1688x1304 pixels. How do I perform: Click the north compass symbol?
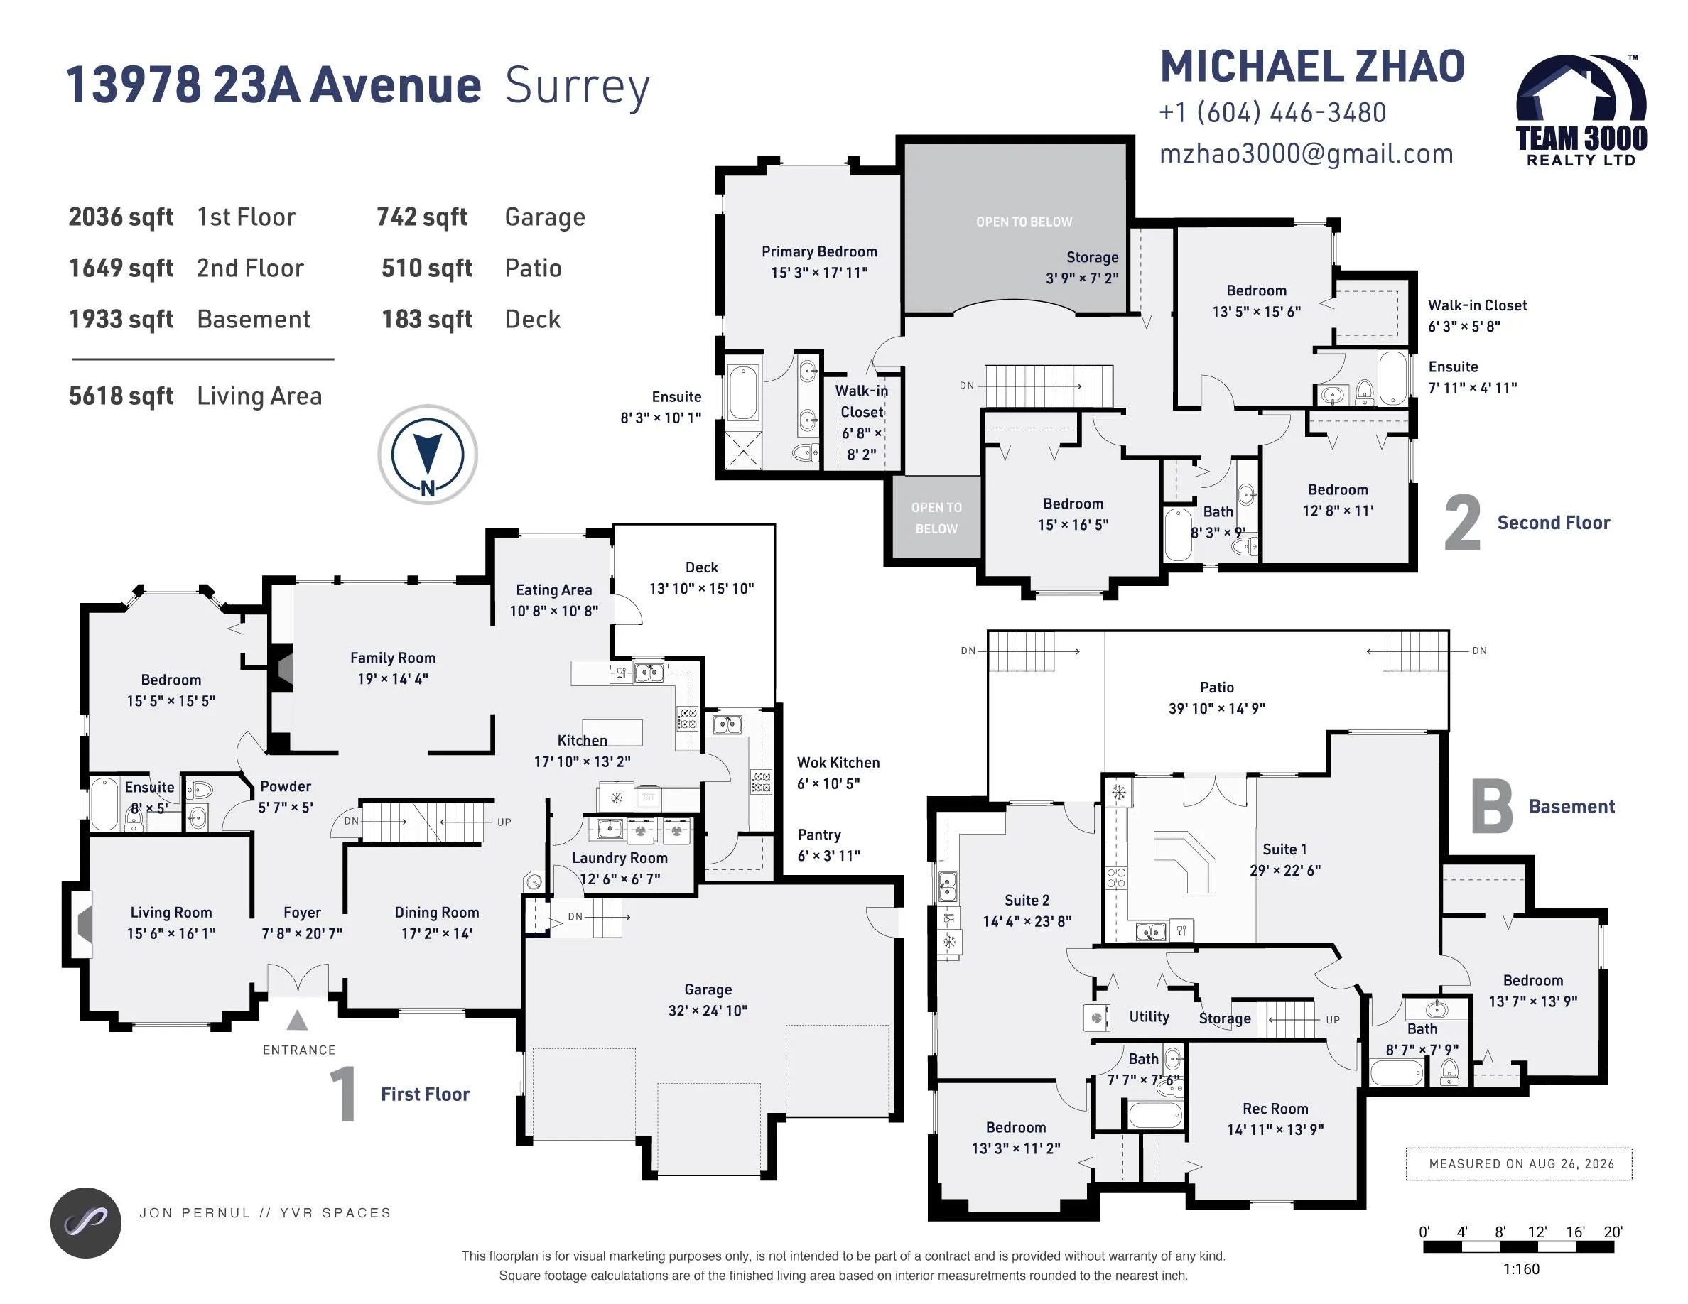coord(428,455)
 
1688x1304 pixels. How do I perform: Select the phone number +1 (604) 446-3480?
coord(1272,113)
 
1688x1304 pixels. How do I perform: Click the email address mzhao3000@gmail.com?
coord(1306,153)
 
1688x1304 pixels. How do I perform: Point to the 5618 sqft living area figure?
coord(121,396)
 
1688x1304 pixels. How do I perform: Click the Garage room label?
coord(708,989)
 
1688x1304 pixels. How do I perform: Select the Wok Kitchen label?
coord(838,763)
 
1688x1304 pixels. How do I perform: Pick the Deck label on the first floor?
coord(702,567)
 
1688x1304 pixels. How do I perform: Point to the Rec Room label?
coord(1275,1109)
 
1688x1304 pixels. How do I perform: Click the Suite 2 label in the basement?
coord(1027,900)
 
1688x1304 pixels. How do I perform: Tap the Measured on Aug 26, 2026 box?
coord(1519,1163)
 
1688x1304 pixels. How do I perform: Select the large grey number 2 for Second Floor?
coord(1462,523)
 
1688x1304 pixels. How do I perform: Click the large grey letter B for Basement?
coord(1491,807)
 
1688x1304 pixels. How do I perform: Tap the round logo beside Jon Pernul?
coord(86,1223)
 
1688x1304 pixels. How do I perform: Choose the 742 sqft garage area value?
coord(422,217)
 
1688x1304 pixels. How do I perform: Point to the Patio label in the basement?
coord(1217,687)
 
